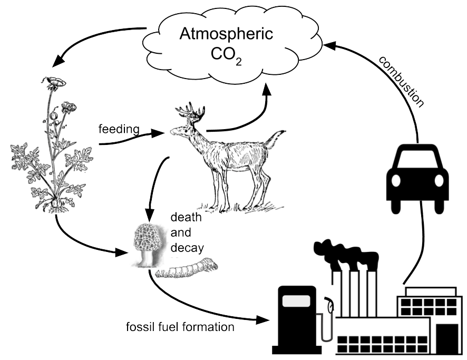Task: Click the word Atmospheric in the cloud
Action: click(x=226, y=35)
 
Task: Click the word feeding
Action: click(x=119, y=128)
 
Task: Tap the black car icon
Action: click(x=417, y=174)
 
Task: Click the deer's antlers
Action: click(x=190, y=111)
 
